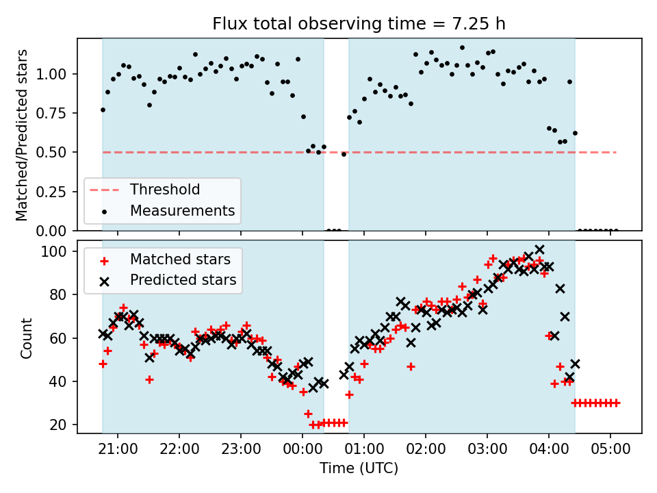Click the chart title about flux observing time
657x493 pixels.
pyautogui.click(x=359, y=25)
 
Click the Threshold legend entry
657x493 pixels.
pyautogui.click(x=165, y=190)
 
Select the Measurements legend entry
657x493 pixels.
pyautogui.click(x=182, y=210)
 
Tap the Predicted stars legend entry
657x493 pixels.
pyautogui.click(x=183, y=280)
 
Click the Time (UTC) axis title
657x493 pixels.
pyautogui.click(x=359, y=469)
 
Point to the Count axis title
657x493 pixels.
pyautogui.click(x=26, y=338)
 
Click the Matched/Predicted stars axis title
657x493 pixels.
pyautogui.click(x=22, y=135)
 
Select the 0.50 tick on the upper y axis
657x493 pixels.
pyautogui.click(x=57, y=152)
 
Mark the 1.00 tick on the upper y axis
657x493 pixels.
pyautogui.click(x=57, y=74)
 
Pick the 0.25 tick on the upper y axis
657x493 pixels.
pyautogui.click(x=57, y=191)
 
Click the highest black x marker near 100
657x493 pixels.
pyautogui.click(x=539, y=250)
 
